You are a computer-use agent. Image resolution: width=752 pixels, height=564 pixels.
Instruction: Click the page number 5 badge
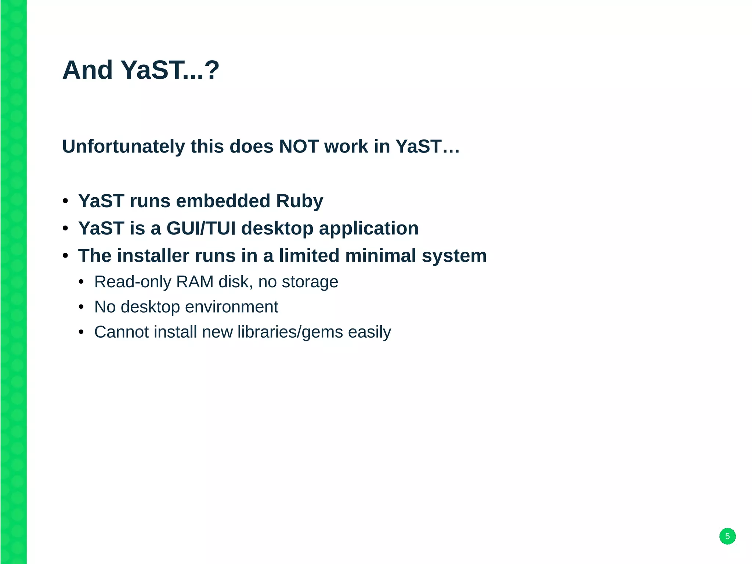coord(727,536)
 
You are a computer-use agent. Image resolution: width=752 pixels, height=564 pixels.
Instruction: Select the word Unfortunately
coord(123,147)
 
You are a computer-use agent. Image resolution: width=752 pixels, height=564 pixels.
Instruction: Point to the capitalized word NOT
coord(299,147)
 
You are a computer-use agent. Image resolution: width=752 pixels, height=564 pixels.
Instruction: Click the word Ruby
coord(299,201)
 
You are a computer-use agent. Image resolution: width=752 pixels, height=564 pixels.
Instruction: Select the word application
coord(369,229)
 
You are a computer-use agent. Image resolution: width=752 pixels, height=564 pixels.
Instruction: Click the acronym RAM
coord(195,282)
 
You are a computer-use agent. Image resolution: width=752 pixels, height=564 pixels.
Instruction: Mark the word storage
coord(310,282)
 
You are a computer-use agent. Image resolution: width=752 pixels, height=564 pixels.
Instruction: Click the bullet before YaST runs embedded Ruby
coord(65,201)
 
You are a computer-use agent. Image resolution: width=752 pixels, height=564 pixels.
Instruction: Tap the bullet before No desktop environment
coord(81,307)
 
